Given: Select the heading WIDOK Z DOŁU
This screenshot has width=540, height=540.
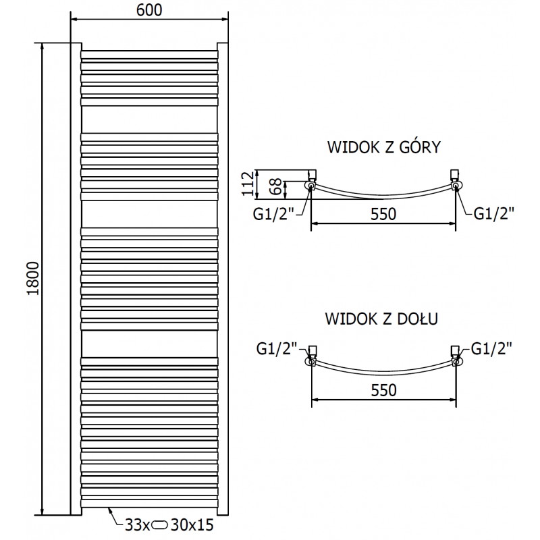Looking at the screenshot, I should (x=382, y=319).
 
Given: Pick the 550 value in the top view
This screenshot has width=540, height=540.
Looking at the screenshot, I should (x=382, y=213).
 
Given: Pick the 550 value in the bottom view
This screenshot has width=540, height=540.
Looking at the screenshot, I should (x=382, y=389).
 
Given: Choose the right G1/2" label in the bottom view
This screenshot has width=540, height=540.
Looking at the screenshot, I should (x=491, y=349).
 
